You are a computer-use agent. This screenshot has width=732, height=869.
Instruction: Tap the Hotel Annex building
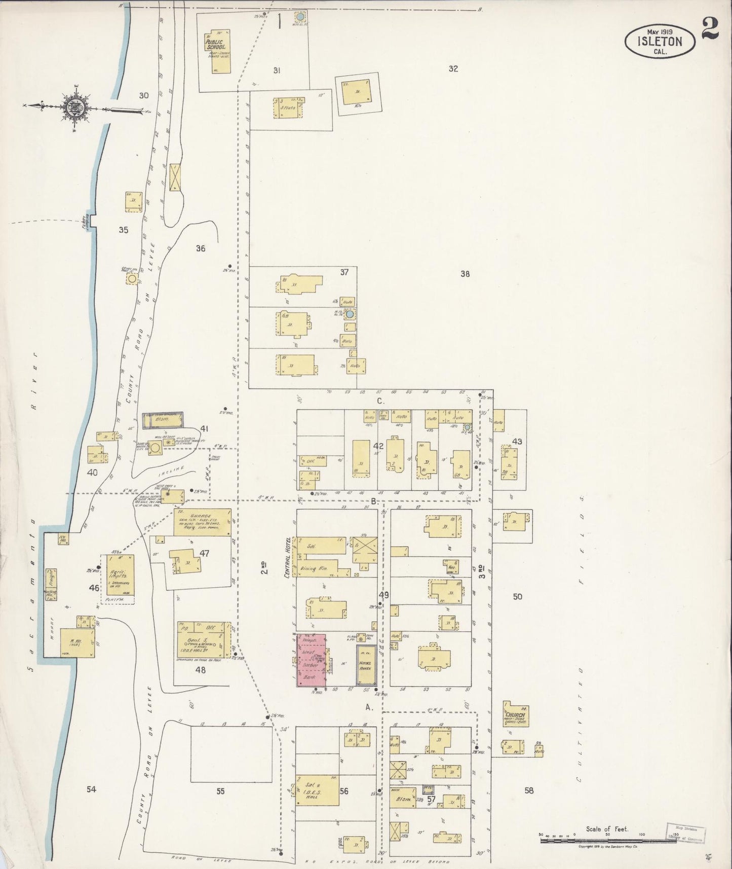coord(365,665)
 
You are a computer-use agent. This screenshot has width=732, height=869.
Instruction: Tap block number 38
coord(465,274)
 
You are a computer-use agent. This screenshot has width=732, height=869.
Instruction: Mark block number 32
coord(453,69)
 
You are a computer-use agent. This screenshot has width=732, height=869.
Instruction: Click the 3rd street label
coord(483,571)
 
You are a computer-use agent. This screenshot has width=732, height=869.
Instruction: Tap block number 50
coord(517,597)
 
